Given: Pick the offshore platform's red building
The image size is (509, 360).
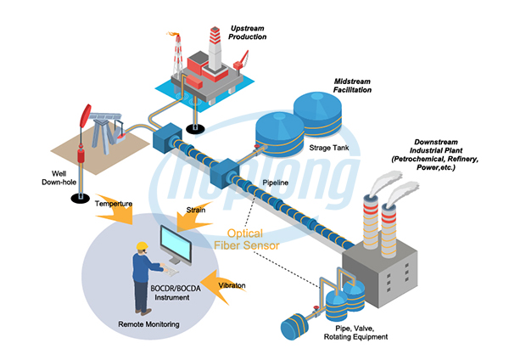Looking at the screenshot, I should point(203,64).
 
